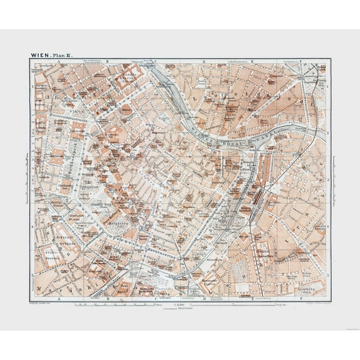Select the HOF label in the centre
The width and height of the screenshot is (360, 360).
112,193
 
